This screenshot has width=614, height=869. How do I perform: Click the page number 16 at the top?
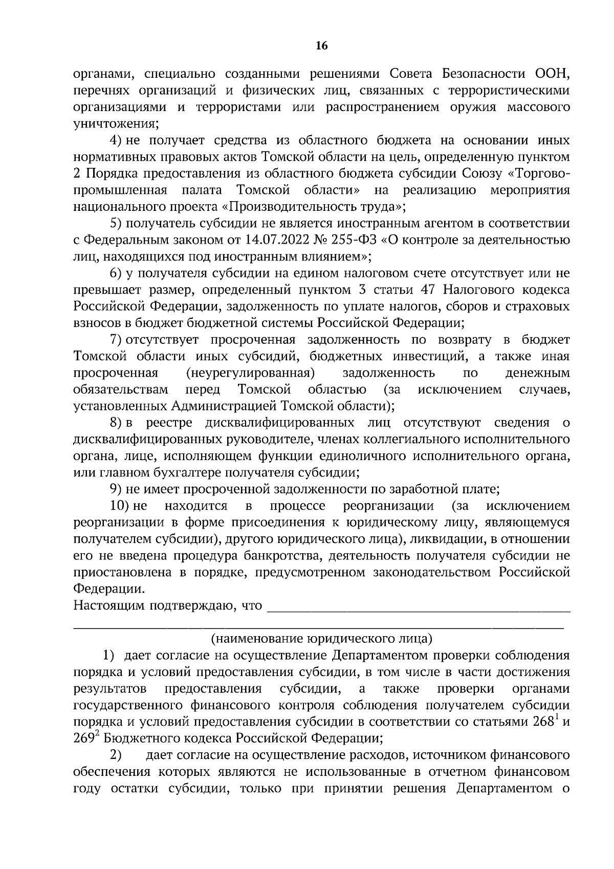coord(321,46)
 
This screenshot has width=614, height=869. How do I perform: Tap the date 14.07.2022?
coord(271,240)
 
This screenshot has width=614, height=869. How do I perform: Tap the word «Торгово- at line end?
coord(538,174)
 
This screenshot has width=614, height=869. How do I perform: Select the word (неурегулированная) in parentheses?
coord(250,373)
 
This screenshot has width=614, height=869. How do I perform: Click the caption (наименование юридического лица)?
coord(321,638)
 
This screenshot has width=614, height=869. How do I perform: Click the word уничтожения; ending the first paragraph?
coord(116,124)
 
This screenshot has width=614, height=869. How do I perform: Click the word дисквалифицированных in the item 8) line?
coord(279,423)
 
